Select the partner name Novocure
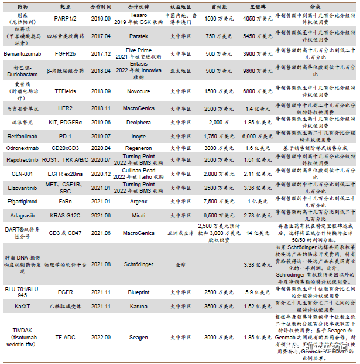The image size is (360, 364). [138, 91]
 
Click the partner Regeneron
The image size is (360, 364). [138, 148]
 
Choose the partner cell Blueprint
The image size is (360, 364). [138, 291]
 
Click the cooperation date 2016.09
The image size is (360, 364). [100, 18]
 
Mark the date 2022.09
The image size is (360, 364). [100, 337]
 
